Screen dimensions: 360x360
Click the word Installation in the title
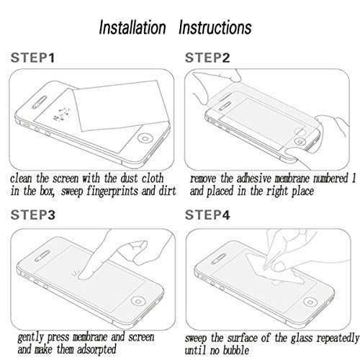click(132, 27)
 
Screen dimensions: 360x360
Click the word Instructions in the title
click(215, 27)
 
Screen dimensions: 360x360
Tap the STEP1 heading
click(33, 58)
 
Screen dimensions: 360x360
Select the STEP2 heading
click(207, 58)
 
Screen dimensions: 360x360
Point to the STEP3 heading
click(33, 215)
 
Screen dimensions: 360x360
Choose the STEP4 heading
click(207, 215)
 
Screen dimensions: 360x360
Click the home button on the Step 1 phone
click(145, 139)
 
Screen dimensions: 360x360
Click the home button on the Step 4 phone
click(310, 302)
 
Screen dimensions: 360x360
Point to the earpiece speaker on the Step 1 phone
click(40, 102)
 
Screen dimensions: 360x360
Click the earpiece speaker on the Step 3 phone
click(42, 256)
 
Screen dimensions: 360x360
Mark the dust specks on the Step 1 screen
click(62, 114)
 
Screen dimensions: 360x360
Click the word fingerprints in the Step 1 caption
click(112, 192)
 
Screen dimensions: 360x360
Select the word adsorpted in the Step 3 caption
click(96, 349)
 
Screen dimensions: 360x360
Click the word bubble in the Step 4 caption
click(236, 350)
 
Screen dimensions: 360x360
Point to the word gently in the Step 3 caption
click(30, 338)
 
